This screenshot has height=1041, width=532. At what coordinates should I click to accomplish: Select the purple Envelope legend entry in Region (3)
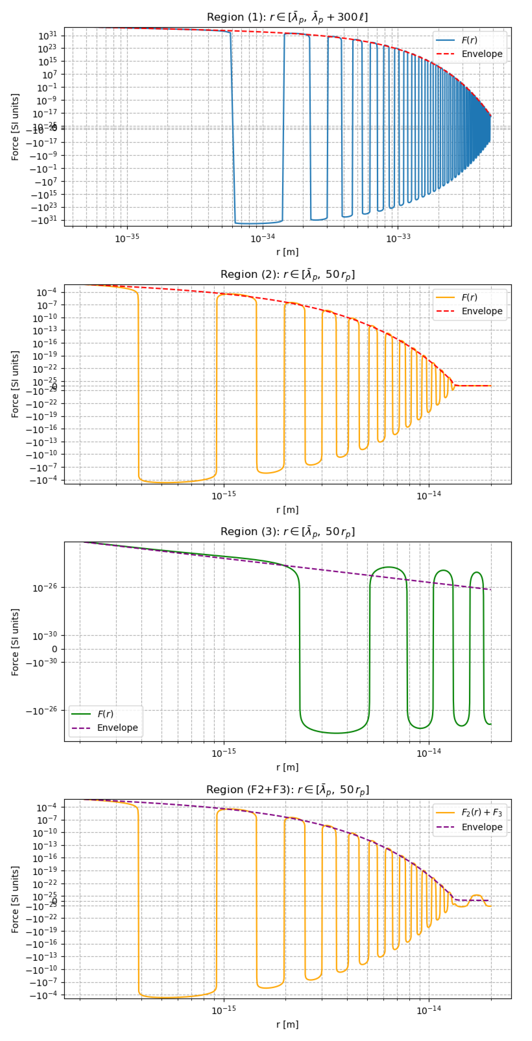pyautogui.click(x=117, y=727)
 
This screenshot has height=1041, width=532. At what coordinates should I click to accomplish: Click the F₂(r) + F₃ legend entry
pyautogui.click(x=481, y=812)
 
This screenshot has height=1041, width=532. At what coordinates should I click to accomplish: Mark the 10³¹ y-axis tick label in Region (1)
pyautogui.click(x=48, y=36)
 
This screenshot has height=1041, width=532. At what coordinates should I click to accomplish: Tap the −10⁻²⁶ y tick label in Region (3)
pyautogui.click(x=42, y=710)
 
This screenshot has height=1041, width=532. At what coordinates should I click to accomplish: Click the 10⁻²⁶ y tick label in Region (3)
pyautogui.click(x=44, y=588)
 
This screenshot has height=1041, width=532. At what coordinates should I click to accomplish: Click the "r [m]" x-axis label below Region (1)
pyautogui.click(x=287, y=252)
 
